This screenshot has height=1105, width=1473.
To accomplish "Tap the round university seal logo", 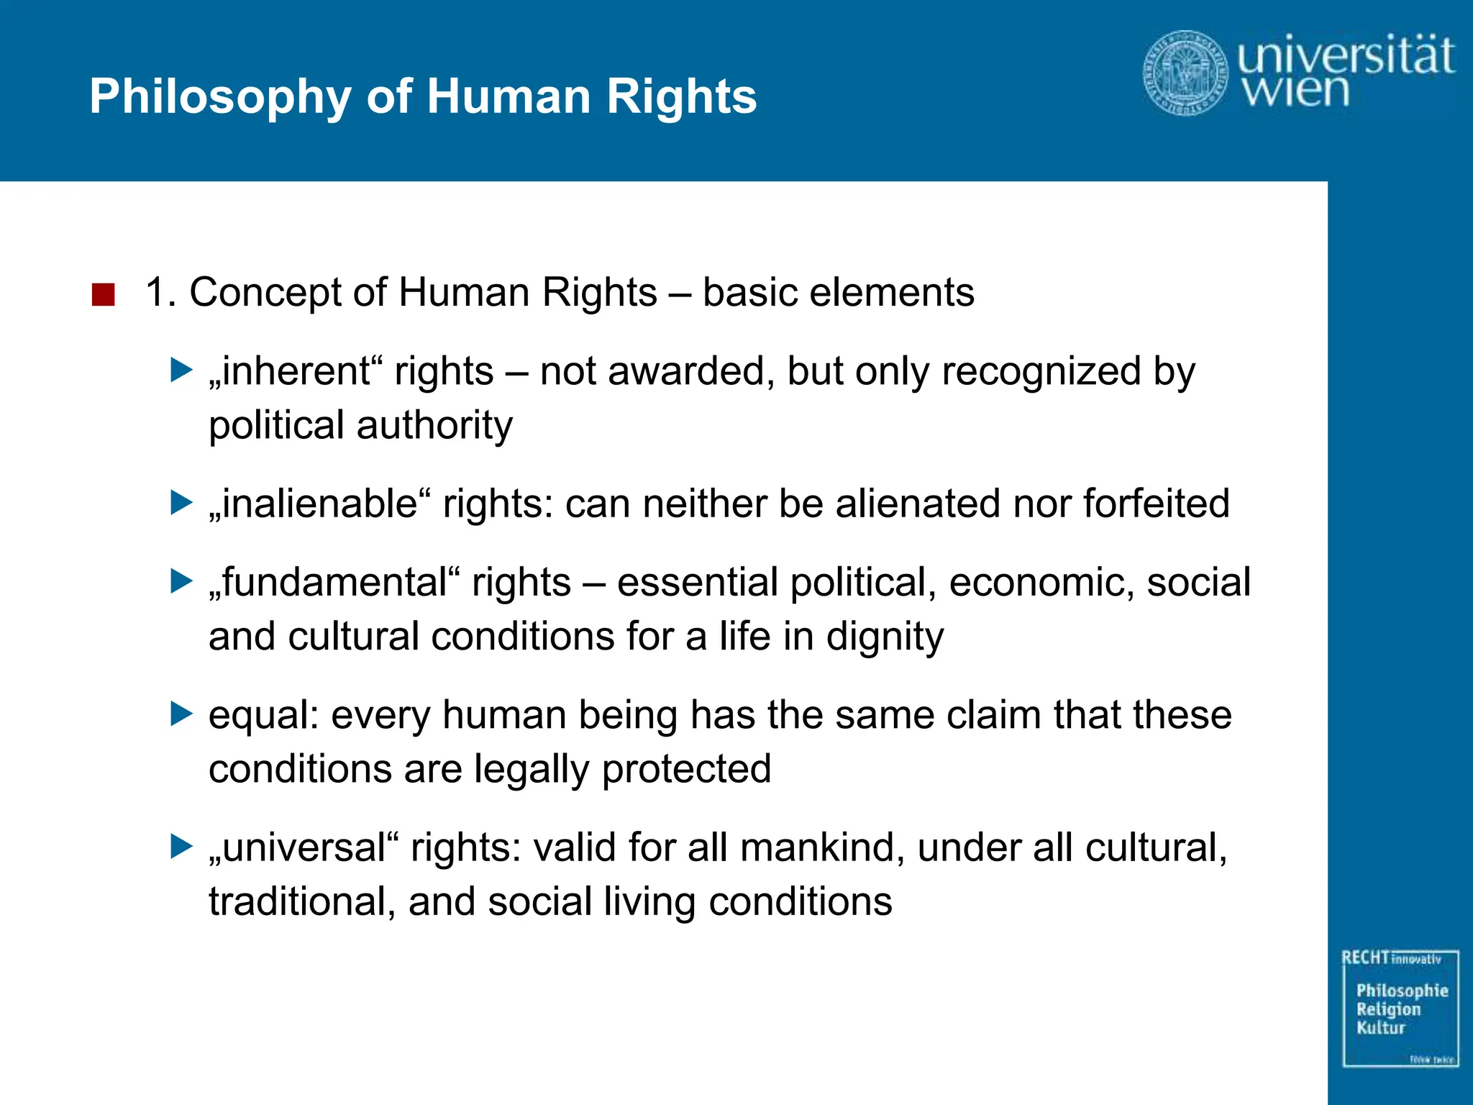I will [x=1185, y=72].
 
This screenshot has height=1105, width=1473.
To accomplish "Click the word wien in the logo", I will [x=1295, y=91].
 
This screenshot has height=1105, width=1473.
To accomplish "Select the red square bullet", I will [x=104, y=294].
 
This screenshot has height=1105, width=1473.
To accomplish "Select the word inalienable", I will [x=319, y=504].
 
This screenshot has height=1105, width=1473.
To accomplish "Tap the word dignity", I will [x=885, y=637].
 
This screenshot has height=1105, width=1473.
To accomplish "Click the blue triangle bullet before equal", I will [x=181, y=714].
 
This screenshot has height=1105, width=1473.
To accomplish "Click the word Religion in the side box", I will [x=1388, y=1010].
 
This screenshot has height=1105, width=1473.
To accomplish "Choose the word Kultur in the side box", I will [x=1380, y=1028].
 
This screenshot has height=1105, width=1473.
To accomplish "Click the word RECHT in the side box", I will [x=1364, y=958].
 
